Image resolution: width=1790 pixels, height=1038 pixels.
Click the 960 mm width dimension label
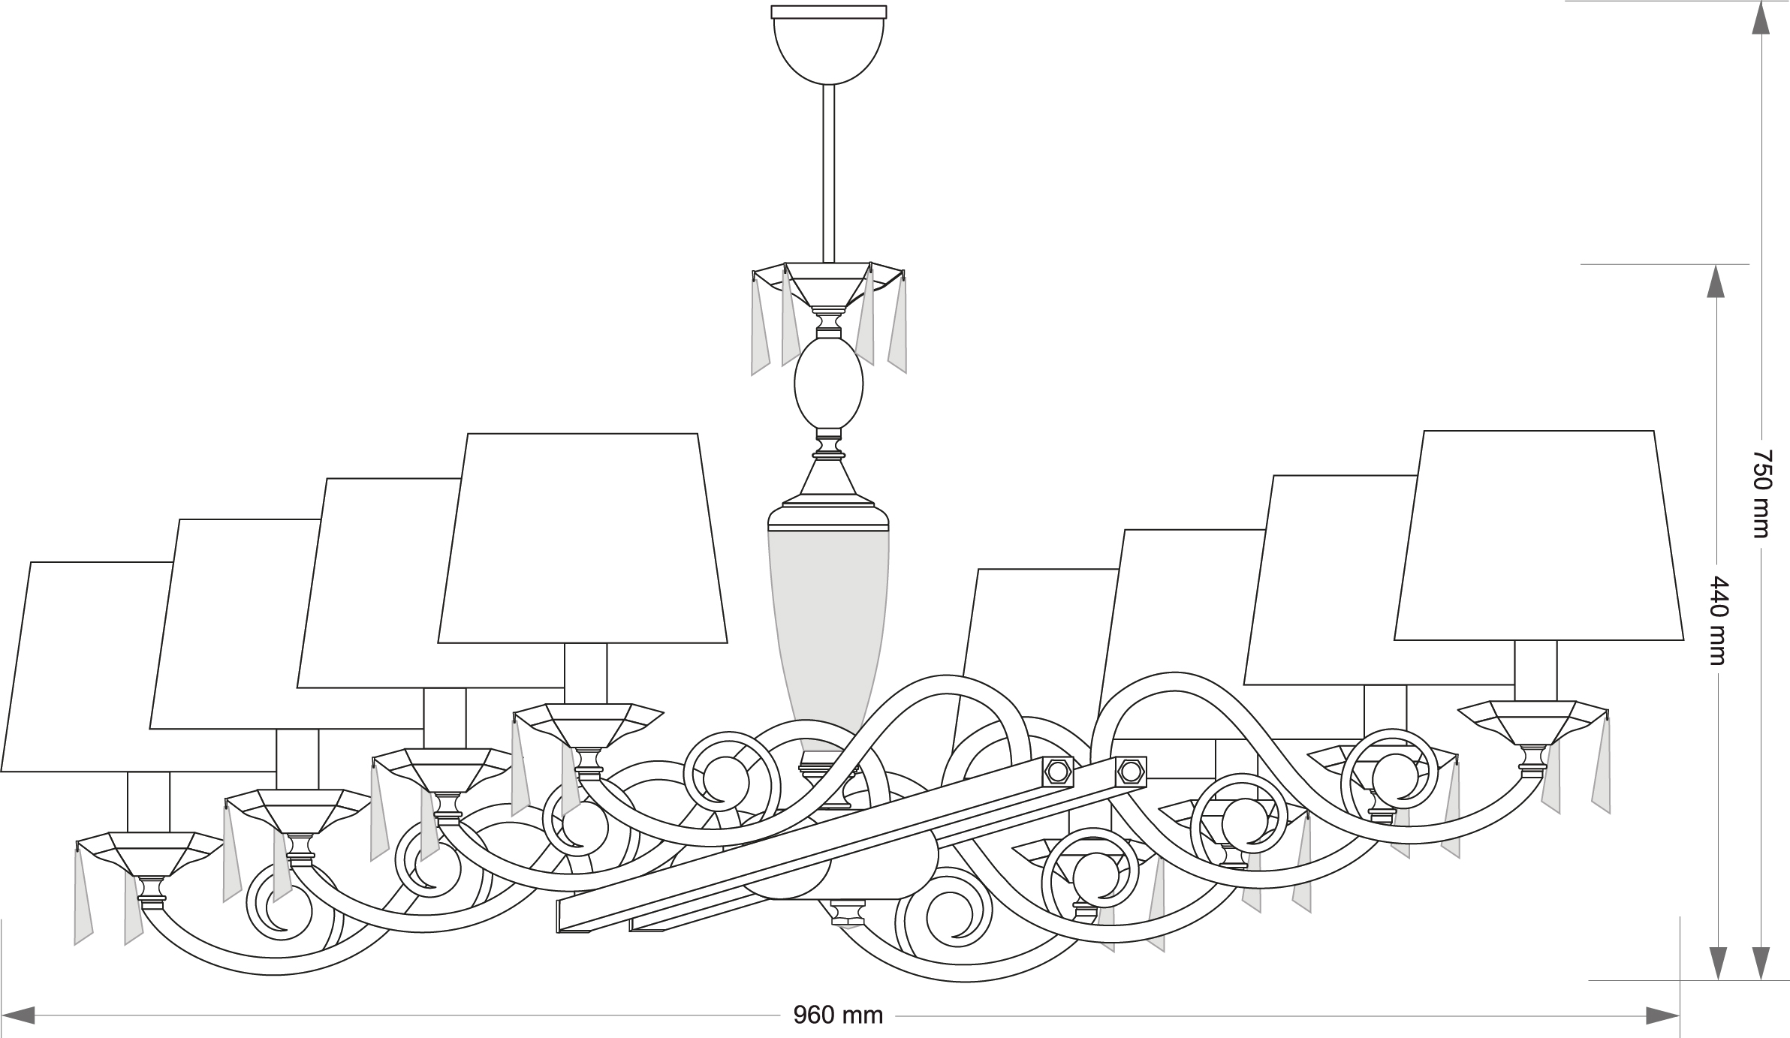(838, 1016)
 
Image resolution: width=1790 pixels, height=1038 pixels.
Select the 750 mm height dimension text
(1761, 494)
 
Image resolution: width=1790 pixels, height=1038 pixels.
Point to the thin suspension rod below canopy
(829, 173)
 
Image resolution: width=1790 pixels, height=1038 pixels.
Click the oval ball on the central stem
(829, 383)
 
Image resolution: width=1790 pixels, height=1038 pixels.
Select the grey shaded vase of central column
(829, 615)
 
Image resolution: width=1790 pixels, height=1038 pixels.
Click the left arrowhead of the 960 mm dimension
(18, 1016)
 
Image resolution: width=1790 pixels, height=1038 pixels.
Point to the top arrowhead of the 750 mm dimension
(1761, 18)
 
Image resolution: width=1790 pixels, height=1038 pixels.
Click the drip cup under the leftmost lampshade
(150, 852)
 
